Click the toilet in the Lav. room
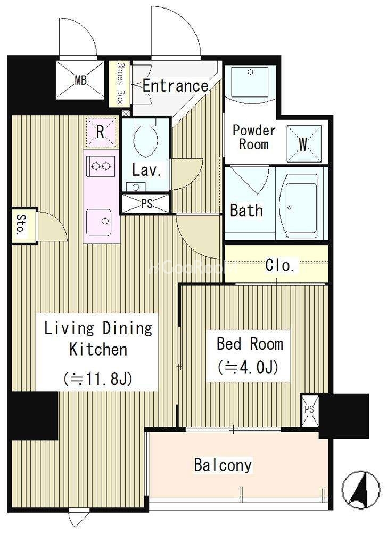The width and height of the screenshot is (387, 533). coord(146,137)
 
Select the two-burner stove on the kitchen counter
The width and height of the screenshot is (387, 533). coord(101,166)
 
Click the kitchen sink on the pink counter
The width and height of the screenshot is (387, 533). coord(99,222)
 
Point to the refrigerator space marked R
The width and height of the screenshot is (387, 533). coord(101,132)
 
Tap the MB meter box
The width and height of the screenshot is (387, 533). coord(80,80)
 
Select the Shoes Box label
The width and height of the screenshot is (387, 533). coord(120,83)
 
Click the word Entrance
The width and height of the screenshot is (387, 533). coord(175,85)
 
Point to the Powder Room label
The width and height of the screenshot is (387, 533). coord(254,137)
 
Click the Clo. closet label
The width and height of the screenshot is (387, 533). coord(279,265)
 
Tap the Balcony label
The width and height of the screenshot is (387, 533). coord(223,465)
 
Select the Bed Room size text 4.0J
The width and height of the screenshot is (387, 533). coord(248,367)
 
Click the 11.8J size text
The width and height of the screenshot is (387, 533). coord(98,378)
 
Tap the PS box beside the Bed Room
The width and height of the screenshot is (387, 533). coord(310,410)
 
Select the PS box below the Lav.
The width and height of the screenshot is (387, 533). coord(146,204)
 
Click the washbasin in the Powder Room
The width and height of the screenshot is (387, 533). coord(250,81)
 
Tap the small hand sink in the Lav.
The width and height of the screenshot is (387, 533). coord(136,187)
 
